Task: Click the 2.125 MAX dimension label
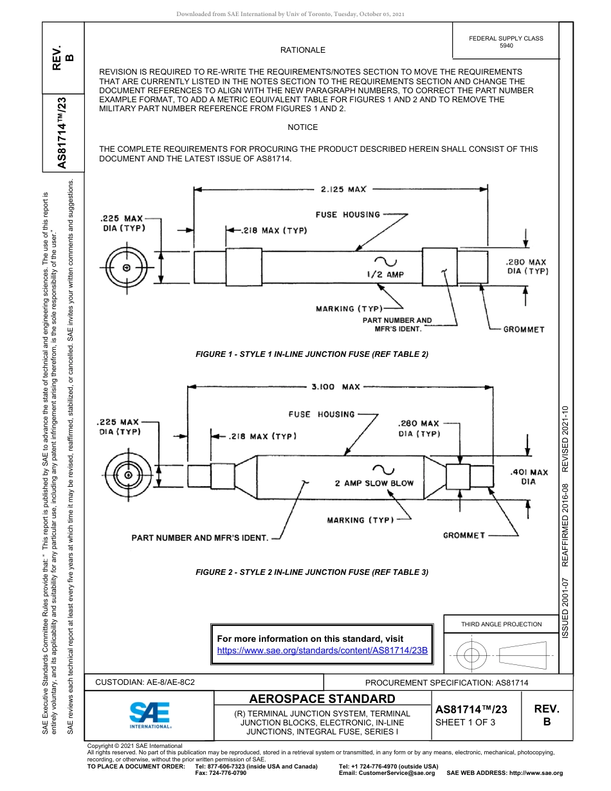(x=343, y=190)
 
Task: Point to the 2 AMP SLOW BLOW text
(x=374, y=483)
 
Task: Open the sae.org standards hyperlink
(x=322, y=650)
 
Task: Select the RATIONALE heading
(x=302, y=50)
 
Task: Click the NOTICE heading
(x=302, y=127)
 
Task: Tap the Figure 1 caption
(x=312, y=354)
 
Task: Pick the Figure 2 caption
(x=312, y=572)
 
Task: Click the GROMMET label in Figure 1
(x=524, y=329)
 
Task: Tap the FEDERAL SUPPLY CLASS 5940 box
(x=506, y=42)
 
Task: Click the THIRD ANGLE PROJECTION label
(x=501, y=624)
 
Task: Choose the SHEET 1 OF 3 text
(x=466, y=722)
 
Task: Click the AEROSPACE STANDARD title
(x=322, y=699)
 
